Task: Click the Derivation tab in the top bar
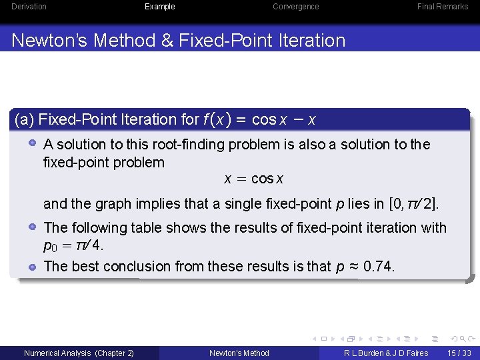point(29,7)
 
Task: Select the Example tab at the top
point(160,7)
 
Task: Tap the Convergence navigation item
point(295,7)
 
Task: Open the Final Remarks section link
point(443,7)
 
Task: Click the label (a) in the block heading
point(25,120)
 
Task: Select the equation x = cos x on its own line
point(253,179)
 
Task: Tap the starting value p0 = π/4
point(73,245)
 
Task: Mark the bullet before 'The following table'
point(32,227)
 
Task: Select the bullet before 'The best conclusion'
point(32,266)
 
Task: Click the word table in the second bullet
point(147,228)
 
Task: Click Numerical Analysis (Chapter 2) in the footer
point(79,353)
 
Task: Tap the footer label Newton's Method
point(239,353)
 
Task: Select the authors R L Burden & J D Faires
point(386,353)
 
